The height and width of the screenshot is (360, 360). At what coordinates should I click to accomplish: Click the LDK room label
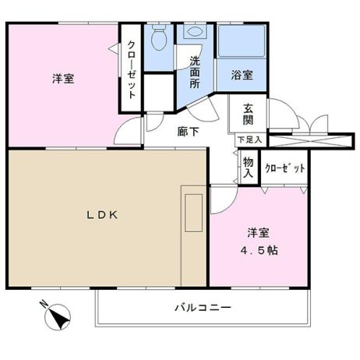(x=102, y=215)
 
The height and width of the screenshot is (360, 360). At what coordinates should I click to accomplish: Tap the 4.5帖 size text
(x=259, y=250)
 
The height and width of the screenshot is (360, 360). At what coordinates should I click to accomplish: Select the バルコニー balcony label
(x=203, y=308)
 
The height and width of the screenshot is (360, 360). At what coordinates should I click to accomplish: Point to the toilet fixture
(x=159, y=37)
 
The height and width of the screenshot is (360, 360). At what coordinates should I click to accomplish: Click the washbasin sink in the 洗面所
(x=195, y=31)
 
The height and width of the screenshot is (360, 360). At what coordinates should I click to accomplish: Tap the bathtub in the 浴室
(x=242, y=41)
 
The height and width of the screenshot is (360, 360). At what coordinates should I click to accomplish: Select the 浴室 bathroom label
(x=242, y=76)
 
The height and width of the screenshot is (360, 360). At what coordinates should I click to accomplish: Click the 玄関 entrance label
(x=248, y=115)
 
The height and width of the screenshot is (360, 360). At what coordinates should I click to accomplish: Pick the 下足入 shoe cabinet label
(x=250, y=140)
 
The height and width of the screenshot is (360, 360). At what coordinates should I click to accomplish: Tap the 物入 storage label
(x=248, y=168)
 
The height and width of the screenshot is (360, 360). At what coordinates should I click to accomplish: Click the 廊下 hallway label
(x=189, y=132)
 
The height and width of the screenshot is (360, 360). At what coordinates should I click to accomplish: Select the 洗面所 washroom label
(x=195, y=72)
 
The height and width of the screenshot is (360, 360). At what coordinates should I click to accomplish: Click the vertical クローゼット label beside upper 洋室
(x=132, y=70)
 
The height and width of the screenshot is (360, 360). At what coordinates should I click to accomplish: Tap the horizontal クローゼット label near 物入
(x=285, y=168)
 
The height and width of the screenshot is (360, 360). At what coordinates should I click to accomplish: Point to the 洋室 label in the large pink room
(x=63, y=79)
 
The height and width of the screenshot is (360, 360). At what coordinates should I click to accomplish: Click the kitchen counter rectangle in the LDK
(x=194, y=213)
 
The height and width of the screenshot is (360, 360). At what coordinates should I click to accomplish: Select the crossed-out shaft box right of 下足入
(x=311, y=141)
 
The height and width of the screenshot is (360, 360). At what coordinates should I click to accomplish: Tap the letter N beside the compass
(x=44, y=304)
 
